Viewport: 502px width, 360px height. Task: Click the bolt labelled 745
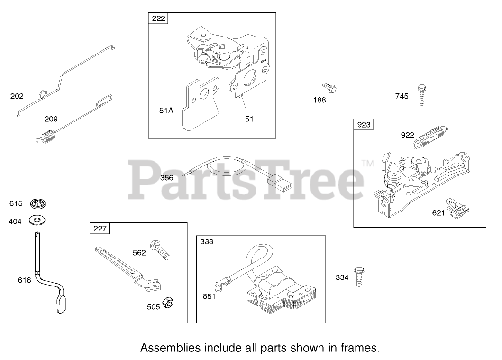[x=421, y=95]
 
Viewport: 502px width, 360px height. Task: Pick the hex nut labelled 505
[x=167, y=303]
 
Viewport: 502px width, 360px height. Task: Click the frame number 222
[x=159, y=18]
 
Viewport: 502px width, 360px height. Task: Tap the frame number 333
[x=206, y=241]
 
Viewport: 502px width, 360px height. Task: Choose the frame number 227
[x=100, y=229]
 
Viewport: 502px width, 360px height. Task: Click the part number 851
[x=209, y=297]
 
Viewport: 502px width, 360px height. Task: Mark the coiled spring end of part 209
[x=46, y=138]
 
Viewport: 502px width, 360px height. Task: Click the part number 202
[x=17, y=96]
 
